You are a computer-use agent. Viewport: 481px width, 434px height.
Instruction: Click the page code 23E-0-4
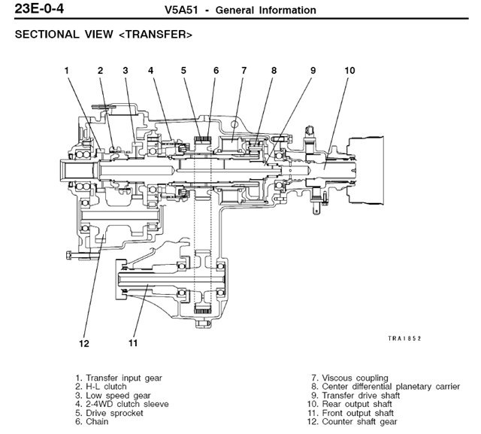34,10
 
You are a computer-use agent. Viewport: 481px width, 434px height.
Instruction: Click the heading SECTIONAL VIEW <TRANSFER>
104,35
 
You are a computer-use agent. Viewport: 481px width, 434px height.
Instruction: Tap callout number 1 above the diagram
67,71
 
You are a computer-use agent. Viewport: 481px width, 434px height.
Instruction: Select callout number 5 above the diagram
183,71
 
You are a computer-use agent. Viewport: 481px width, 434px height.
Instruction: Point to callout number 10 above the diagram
349,71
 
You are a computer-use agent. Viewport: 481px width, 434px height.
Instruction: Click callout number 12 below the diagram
83,344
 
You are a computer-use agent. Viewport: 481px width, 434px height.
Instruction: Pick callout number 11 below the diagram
133,344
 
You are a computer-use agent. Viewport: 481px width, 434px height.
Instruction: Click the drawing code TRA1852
404,338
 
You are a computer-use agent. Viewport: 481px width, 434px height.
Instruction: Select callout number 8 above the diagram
274,71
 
